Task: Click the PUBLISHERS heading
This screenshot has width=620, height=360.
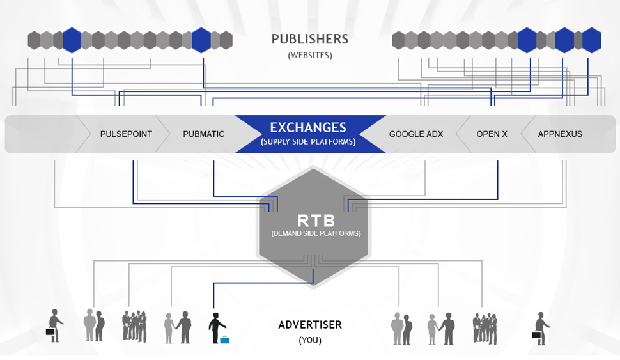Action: coord(310,39)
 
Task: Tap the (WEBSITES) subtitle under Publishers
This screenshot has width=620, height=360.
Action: coord(310,56)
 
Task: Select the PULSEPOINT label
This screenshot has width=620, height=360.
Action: coord(126,134)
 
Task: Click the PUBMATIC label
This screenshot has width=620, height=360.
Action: coord(204,134)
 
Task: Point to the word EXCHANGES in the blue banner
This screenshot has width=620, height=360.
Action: coord(308,127)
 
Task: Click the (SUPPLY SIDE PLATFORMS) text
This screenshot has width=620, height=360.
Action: coord(308,142)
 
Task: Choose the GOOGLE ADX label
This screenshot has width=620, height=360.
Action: coord(416,134)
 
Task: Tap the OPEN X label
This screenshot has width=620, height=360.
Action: coord(492,134)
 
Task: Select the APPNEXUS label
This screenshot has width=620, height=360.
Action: coord(560,134)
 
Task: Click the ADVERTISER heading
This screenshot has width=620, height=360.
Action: coord(310,325)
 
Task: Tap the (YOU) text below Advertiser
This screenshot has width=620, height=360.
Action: coord(310,340)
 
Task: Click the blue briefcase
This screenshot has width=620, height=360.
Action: coord(224,340)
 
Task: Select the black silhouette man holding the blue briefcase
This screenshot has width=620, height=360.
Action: coord(216,326)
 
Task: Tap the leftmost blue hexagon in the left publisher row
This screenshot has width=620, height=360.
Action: coord(72,40)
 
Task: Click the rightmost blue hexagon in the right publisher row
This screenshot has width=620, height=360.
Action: coord(592,40)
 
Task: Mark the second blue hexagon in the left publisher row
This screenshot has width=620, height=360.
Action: coord(201,40)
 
